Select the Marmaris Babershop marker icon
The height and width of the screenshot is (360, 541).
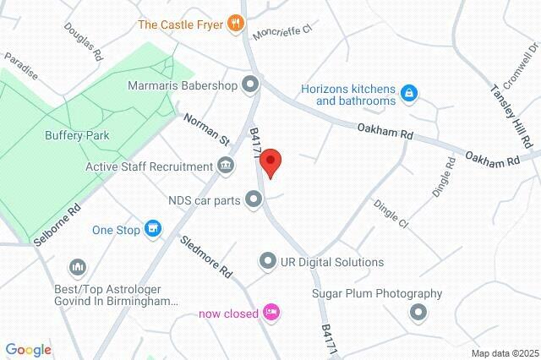[250, 85]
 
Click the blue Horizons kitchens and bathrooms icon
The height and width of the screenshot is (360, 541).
[408, 92]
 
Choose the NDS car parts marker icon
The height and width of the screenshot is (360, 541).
[253, 199]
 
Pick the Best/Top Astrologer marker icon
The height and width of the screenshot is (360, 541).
[79, 268]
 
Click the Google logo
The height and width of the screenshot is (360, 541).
[28, 350]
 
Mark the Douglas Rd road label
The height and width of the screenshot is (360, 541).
[83, 41]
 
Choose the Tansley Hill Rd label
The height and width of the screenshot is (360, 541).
[506, 106]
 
